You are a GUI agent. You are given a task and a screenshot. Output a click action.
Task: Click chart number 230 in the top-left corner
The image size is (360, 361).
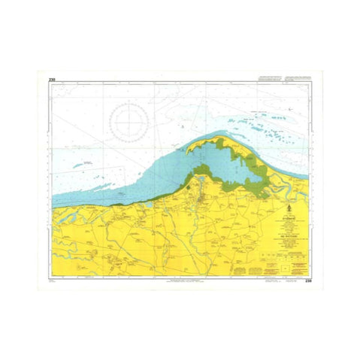tap(52, 79)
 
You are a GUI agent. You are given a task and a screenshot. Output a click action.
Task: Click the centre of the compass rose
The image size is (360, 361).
tap(133, 120)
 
